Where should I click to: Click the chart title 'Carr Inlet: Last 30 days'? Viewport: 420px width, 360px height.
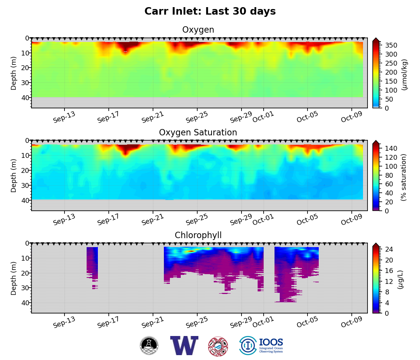(210, 12)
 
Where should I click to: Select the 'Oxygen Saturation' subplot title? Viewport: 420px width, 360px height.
(198, 133)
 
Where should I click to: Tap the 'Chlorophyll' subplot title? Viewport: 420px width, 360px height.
(198, 235)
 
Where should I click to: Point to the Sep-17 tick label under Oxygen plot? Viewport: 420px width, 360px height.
(108, 117)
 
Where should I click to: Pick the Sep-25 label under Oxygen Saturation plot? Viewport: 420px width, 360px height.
(196, 220)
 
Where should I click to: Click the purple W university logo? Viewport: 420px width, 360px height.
(184, 345)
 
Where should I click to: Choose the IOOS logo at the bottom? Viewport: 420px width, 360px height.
(261, 345)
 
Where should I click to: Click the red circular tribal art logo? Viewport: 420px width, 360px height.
(218, 346)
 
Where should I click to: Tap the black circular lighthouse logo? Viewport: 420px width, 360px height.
(149, 345)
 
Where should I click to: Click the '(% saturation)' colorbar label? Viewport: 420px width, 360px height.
(404, 177)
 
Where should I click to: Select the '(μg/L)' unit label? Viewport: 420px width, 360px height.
(400, 280)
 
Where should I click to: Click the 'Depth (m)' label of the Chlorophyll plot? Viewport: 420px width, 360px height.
(14, 278)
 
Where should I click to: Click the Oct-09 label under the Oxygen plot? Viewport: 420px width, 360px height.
(351, 117)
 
